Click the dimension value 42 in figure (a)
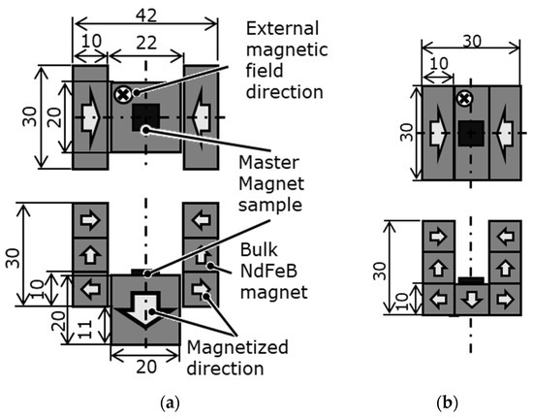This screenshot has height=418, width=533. coord(142,14)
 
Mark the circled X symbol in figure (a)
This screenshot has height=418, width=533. coord(123,94)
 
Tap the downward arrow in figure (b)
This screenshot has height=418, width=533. coord(470,299)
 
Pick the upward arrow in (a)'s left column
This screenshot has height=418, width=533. coord(91,255)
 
